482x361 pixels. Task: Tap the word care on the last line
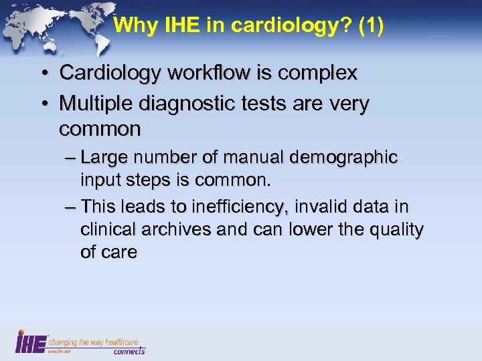click(118, 253)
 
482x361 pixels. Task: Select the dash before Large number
click(71, 158)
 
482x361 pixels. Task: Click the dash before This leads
click(71, 207)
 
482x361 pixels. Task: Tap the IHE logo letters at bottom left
click(30, 342)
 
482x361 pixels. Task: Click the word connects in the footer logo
click(129, 350)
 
